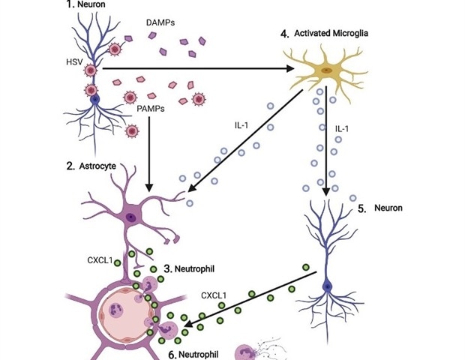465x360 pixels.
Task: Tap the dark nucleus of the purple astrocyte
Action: tap(132, 217)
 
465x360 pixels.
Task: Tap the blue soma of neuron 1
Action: tap(94, 98)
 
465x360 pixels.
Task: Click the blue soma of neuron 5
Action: tap(327, 286)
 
